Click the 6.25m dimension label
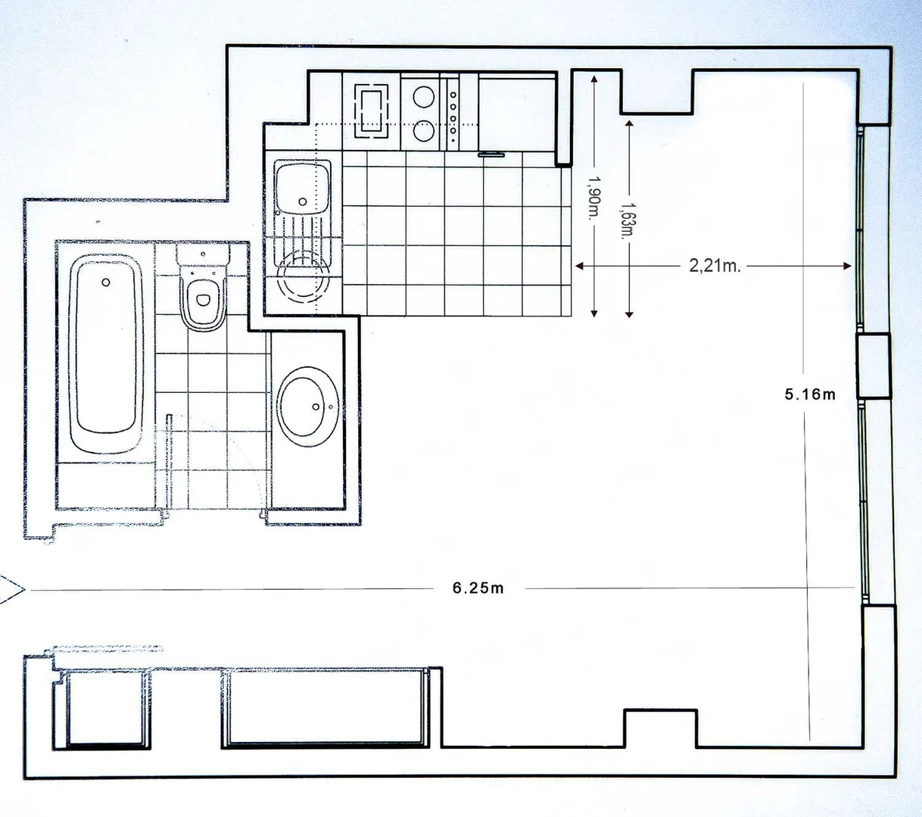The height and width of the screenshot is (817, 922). point(478,588)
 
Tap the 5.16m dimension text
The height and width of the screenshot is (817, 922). point(810,394)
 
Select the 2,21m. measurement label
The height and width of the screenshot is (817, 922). point(715,266)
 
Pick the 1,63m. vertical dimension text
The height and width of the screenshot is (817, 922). point(629,220)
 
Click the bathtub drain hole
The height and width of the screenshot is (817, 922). point(105,282)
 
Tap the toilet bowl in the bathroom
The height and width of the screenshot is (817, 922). point(203,300)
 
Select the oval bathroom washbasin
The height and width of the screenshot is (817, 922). point(307,407)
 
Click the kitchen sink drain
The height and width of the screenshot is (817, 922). point(302,201)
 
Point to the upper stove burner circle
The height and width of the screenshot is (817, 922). point(423,98)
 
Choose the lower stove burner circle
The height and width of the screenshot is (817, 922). point(423,131)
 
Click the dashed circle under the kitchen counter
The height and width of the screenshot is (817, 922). point(304,277)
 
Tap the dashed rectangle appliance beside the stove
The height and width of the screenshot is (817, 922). point(372,111)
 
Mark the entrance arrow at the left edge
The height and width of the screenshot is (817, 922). point(11,590)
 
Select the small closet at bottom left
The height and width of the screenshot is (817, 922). point(108,709)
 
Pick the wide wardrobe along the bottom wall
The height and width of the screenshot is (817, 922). point(326,708)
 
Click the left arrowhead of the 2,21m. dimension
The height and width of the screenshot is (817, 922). point(579,266)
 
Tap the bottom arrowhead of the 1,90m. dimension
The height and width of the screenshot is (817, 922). point(594,313)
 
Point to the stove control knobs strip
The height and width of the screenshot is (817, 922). point(453,112)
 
